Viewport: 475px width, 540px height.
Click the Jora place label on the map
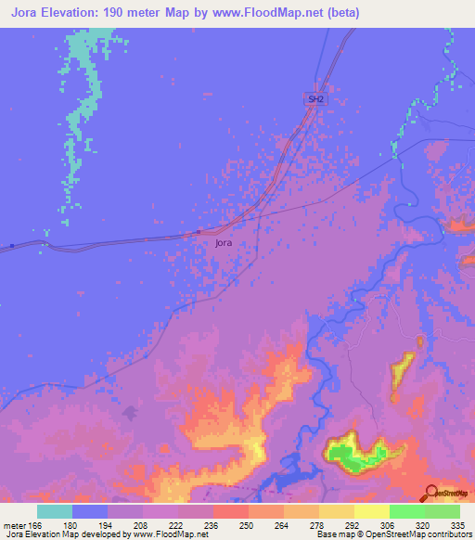point(223,243)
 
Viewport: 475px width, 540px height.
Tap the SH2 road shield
point(315,98)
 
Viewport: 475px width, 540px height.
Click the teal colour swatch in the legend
point(55,511)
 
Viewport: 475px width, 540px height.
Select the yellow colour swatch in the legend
point(371,511)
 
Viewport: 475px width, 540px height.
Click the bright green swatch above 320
point(406,511)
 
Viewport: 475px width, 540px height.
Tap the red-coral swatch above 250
point(231,511)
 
